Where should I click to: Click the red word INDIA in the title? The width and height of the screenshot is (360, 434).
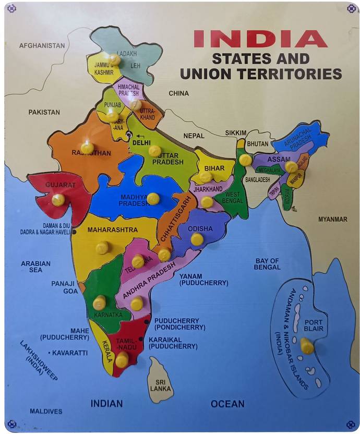pos(260,39)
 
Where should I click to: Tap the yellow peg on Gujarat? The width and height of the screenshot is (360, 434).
pos(58,199)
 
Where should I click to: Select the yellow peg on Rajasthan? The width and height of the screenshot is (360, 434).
pos(87,148)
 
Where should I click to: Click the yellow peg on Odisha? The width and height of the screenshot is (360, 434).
pos(197,239)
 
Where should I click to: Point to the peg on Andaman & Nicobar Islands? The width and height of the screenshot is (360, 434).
pos(307,346)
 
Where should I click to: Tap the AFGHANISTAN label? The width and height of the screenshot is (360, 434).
pos(42,45)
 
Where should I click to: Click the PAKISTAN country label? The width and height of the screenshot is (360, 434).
pos(44,112)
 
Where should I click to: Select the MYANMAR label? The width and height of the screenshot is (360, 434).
pos(332,219)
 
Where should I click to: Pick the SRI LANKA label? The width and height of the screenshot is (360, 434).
pos(161,384)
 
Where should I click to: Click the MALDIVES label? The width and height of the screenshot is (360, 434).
pos(46,411)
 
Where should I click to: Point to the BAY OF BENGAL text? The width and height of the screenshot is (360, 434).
pos(267,264)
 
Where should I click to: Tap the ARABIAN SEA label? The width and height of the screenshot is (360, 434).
pos(35,267)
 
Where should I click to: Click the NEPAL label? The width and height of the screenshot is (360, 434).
pos(194,136)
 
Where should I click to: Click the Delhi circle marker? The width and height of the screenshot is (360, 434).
pos(129,136)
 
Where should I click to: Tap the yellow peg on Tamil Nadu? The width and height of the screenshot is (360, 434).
pos(122,359)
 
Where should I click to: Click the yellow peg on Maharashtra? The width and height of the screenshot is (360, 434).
pos(102,247)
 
